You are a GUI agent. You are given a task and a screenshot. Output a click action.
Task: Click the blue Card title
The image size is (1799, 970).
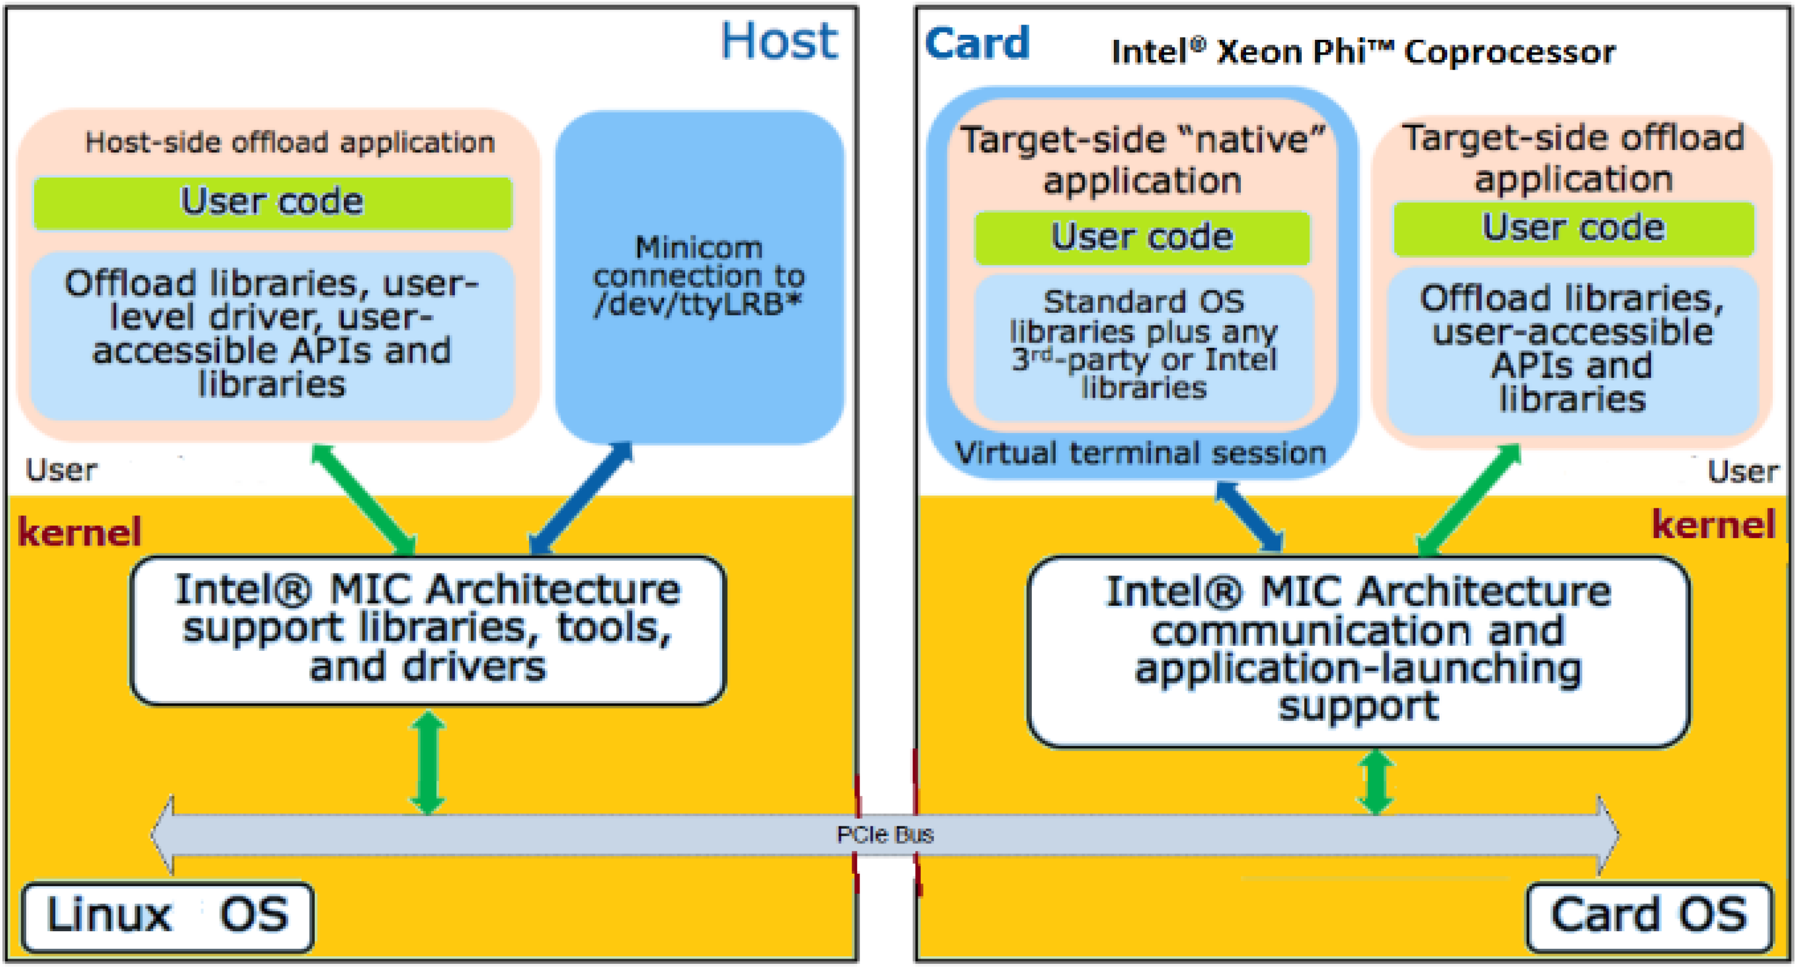pos(977,43)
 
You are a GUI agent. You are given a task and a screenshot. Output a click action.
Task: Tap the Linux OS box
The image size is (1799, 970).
pos(168,915)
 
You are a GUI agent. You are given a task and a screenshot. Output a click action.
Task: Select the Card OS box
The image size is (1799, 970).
pos(1647,915)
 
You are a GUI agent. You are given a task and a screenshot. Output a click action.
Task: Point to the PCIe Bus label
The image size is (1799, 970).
pos(885,834)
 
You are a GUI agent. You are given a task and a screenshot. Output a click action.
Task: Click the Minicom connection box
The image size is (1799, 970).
pos(699,276)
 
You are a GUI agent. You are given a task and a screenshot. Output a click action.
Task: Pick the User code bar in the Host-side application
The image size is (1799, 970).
pos(272,202)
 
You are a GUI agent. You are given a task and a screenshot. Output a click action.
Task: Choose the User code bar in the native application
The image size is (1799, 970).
pos(1142,238)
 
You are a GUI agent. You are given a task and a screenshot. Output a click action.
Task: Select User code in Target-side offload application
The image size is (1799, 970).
pos(1573,229)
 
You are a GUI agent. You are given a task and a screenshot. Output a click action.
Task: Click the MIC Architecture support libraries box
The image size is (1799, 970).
pos(428,629)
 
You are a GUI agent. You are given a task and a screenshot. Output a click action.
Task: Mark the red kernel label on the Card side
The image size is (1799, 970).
pos(1712,524)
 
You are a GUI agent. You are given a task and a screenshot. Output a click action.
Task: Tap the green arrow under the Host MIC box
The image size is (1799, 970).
pos(428,762)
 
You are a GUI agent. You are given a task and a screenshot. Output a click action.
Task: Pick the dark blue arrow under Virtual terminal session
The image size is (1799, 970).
pos(1249,517)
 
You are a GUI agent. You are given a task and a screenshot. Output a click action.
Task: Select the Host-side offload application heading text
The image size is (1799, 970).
pos(290,142)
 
